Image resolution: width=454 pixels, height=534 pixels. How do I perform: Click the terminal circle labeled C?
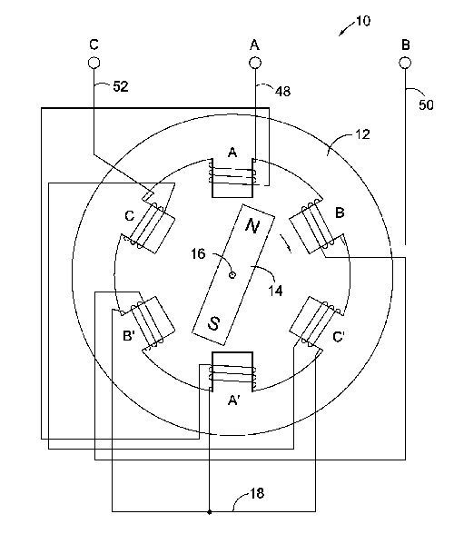click(94, 63)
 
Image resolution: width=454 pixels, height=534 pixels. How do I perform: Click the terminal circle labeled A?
click(255, 63)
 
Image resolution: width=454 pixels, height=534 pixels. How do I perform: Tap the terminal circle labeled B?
click(405, 63)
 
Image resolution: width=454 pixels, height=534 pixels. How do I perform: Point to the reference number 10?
click(363, 21)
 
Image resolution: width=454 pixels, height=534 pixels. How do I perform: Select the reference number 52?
click(121, 86)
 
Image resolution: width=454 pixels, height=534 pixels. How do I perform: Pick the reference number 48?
click(282, 91)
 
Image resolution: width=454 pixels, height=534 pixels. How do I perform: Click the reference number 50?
click(426, 105)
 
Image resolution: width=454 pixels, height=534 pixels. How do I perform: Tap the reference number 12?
click(362, 134)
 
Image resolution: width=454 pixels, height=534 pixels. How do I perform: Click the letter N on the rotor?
click(252, 226)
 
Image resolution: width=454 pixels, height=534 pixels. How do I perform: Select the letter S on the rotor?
click(214, 323)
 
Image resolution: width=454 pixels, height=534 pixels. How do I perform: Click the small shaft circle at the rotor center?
click(232, 274)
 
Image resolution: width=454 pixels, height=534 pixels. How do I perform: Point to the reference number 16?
click(198, 253)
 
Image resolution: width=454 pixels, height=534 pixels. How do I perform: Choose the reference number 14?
click(275, 291)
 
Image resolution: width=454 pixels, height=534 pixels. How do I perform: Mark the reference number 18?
click(257, 493)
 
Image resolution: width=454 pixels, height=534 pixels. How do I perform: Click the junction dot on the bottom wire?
click(210, 512)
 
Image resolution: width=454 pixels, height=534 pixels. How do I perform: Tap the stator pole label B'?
click(129, 336)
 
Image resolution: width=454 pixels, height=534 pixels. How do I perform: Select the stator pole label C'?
click(338, 337)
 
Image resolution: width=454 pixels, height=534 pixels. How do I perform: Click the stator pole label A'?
click(234, 400)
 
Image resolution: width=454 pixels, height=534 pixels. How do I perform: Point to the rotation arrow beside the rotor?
click(286, 243)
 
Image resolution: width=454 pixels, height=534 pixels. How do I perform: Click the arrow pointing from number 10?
click(347, 29)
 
